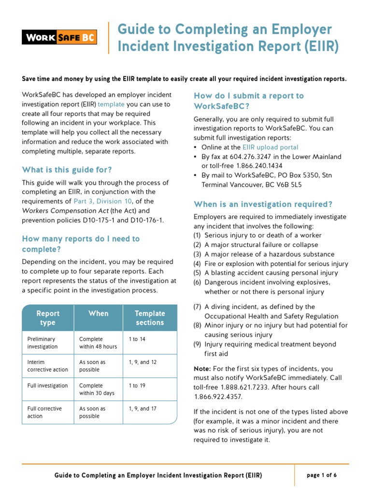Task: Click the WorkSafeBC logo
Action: (x=59, y=37)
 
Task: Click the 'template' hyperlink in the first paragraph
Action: (x=111, y=104)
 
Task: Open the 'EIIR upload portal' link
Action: (x=271, y=147)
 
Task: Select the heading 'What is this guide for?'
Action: (x=67, y=170)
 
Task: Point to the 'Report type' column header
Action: (x=48, y=318)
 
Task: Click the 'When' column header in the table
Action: (x=98, y=313)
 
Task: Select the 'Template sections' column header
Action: (x=150, y=318)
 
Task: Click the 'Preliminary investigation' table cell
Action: (x=42, y=343)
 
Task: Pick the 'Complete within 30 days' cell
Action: (x=97, y=389)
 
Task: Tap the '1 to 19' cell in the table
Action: (x=137, y=385)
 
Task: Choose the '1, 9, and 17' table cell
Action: (x=143, y=408)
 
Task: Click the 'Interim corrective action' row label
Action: (x=47, y=366)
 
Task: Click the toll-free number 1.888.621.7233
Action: (x=243, y=387)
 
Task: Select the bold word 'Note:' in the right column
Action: (x=202, y=368)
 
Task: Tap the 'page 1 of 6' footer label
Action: (x=322, y=475)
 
